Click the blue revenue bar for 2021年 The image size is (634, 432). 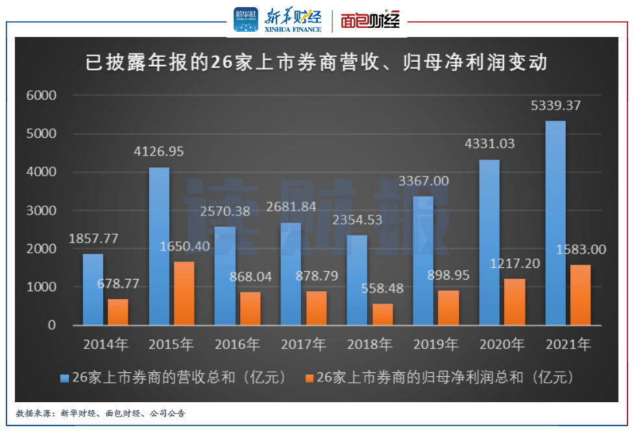555,222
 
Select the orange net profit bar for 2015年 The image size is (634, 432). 184,293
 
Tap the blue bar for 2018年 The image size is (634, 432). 357,280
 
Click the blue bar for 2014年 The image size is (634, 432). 93,289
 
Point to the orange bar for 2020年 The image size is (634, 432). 514,302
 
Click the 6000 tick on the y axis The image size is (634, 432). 42,96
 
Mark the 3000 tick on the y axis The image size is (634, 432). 42,211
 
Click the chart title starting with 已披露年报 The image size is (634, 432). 317,63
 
